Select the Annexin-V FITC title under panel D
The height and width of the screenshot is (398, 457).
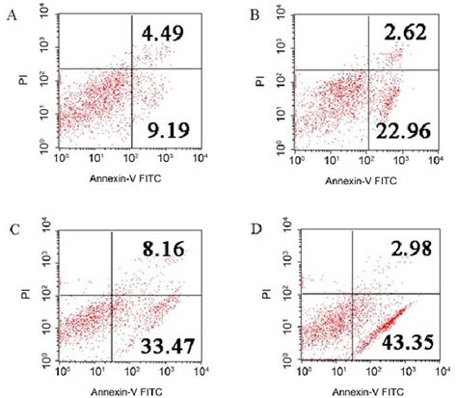(365, 391)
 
